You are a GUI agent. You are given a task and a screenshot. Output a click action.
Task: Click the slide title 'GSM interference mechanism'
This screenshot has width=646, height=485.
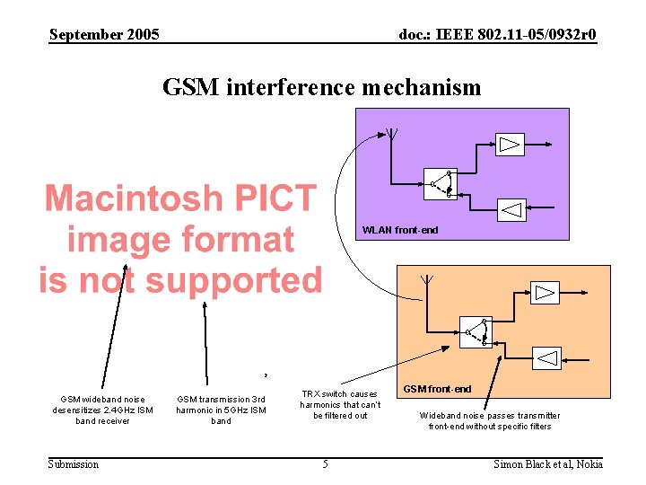click(321, 87)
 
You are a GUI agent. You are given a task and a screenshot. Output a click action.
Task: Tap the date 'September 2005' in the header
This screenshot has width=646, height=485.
click(104, 35)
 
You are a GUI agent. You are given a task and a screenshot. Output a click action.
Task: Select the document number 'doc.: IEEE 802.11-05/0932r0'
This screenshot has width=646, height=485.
click(497, 35)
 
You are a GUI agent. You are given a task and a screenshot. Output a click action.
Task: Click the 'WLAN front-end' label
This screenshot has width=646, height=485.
click(400, 230)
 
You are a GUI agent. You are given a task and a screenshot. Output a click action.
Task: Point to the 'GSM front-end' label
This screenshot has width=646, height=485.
click(437, 389)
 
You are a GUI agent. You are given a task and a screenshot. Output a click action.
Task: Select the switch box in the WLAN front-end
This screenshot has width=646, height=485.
click(441, 183)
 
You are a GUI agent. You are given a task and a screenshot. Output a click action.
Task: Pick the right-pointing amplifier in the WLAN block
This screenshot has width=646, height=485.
click(510, 145)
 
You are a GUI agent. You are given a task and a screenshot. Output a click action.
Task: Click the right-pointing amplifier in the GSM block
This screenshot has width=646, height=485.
click(545, 293)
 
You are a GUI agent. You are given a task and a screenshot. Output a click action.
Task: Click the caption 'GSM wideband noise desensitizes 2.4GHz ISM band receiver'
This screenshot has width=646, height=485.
click(103, 410)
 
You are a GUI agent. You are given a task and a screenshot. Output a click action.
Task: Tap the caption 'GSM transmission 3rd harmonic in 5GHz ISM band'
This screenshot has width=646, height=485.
click(221, 410)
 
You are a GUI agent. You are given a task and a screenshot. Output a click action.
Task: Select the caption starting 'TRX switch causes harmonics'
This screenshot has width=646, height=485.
click(340, 404)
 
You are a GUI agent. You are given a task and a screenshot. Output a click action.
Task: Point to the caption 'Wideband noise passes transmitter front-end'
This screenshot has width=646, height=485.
click(490, 420)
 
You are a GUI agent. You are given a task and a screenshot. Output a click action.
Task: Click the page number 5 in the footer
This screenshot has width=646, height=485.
click(326, 463)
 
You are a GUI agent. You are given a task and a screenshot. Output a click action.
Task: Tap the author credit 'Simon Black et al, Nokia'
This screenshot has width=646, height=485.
click(548, 463)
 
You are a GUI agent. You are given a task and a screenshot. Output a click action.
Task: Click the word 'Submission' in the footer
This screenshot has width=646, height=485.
click(74, 463)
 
